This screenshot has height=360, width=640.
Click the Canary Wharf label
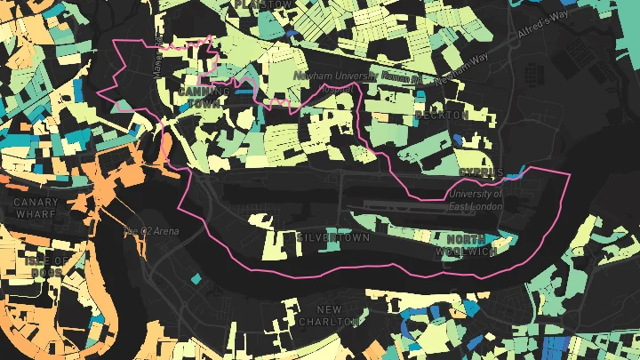(36, 207)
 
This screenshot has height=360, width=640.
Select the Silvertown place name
(332, 238)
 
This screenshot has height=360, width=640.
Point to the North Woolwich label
(467, 245)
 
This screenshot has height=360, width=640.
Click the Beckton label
(442, 116)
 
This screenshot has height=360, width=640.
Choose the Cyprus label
(482, 172)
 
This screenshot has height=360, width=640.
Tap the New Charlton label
(330, 315)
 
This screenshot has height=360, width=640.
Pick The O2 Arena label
(151, 231)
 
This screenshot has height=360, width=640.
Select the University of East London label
(476, 200)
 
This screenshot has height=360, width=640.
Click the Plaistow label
(262, 5)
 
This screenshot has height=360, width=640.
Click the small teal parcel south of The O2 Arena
(195, 280)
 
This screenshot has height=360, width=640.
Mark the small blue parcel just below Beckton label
(457, 139)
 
